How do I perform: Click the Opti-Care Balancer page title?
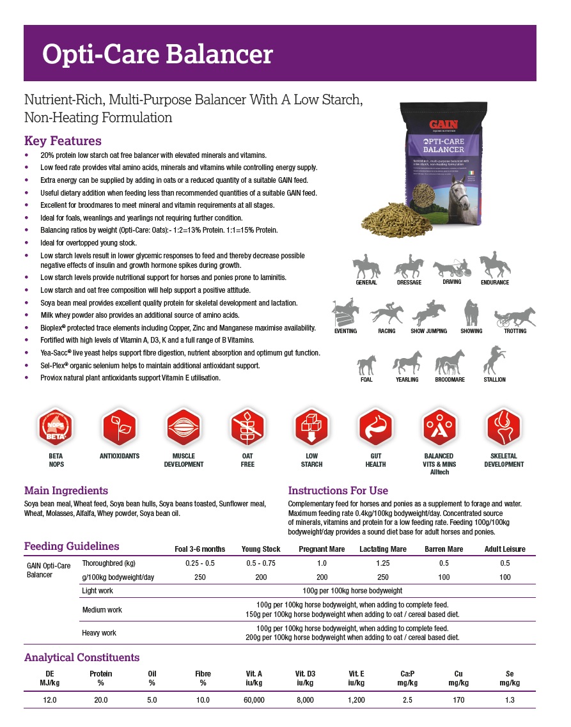point(157,54)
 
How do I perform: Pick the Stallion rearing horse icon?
point(494,361)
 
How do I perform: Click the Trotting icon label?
point(515,331)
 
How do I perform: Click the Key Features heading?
point(63,141)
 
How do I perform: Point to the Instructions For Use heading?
point(338,490)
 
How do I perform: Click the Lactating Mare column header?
point(383,549)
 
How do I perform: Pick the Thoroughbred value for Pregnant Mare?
point(322,563)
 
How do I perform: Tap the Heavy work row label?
point(99,633)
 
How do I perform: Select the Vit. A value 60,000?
point(254,700)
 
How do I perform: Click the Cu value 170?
point(458,700)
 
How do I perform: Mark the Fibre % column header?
point(203,678)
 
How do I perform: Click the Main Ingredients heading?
point(66,490)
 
